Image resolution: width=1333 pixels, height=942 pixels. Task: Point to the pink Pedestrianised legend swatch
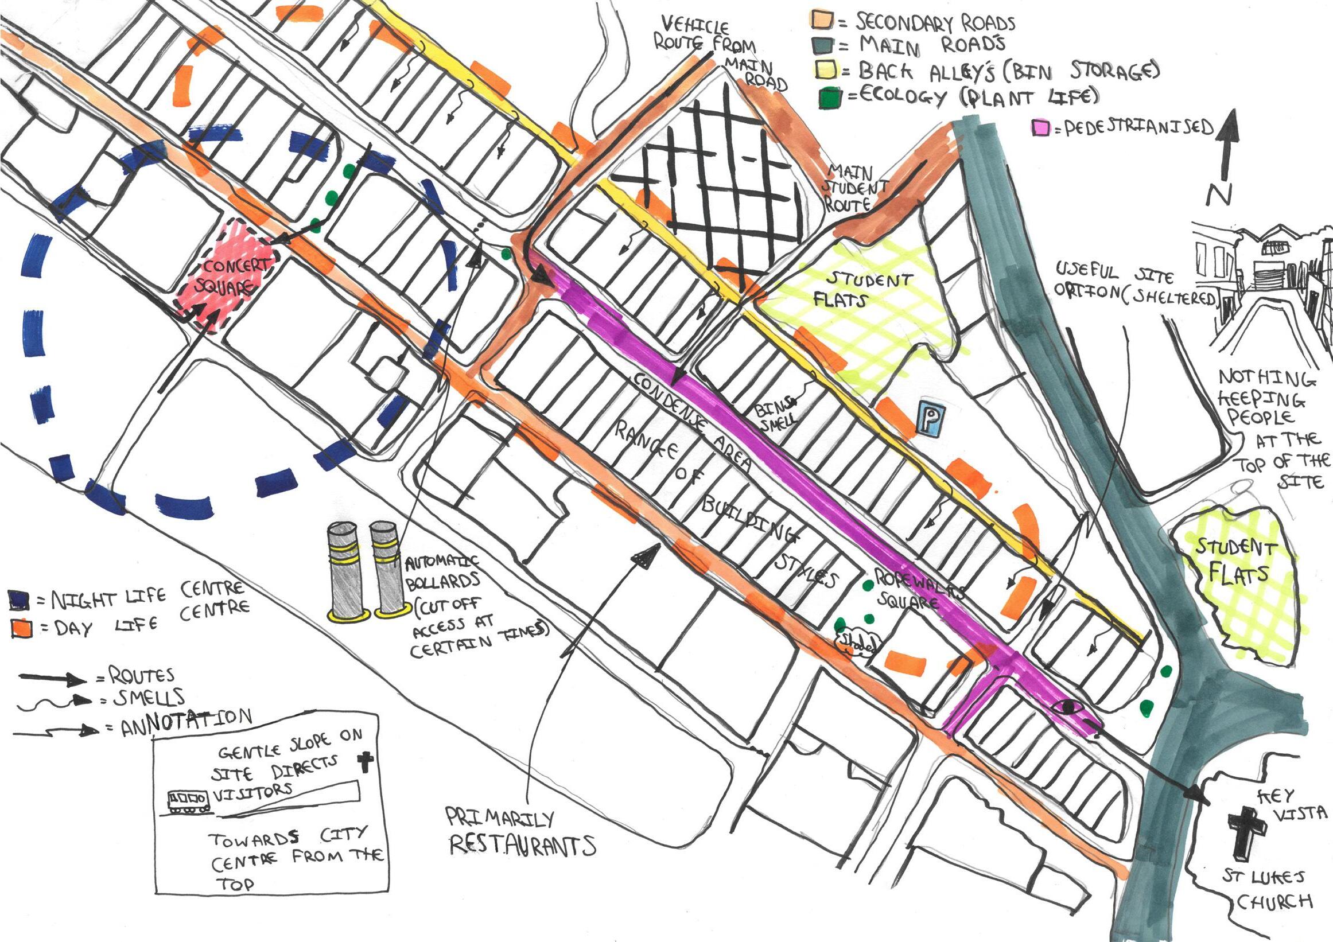pyautogui.click(x=1041, y=128)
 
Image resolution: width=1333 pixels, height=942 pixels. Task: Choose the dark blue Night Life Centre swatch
pyautogui.click(x=18, y=599)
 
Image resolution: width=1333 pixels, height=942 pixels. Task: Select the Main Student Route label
pyautogui.click(x=856, y=188)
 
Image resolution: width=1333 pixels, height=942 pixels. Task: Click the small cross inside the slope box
pyautogui.click(x=364, y=761)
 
